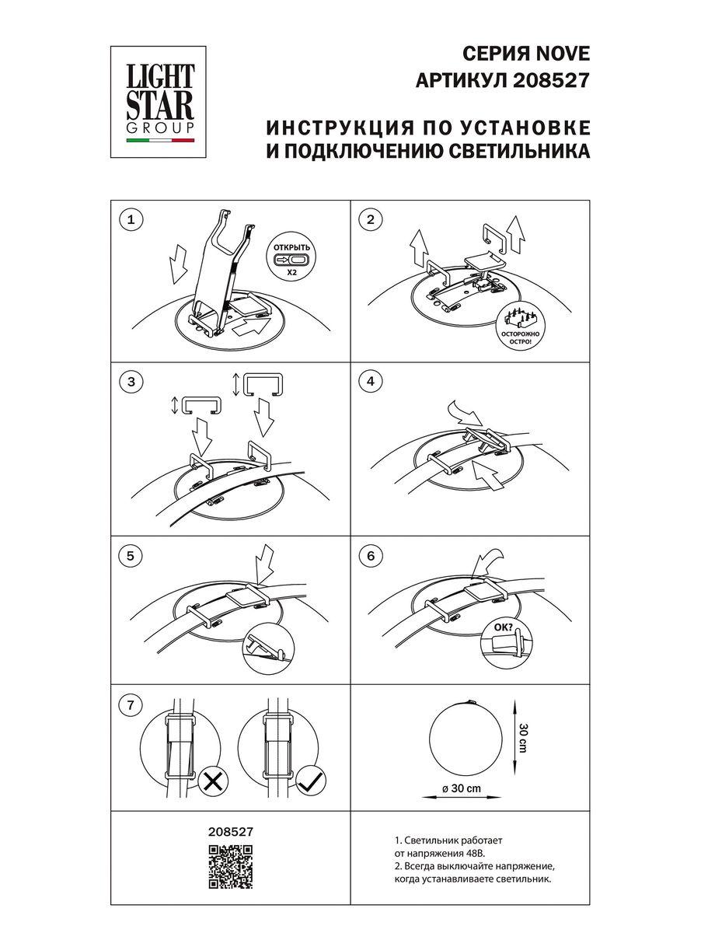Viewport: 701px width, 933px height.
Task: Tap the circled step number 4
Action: [x=371, y=382]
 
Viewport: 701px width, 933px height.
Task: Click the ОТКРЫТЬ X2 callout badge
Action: [x=291, y=257]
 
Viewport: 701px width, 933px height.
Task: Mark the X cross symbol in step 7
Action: [x=212, y=781]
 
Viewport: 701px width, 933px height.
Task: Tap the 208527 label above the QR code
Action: [x=232, y=830]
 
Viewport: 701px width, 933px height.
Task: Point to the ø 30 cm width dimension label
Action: [x=461, y=788]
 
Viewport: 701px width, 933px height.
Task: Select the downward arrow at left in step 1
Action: [x=178, y=264]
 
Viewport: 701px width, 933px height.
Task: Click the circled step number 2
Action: [x=371, y=221]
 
